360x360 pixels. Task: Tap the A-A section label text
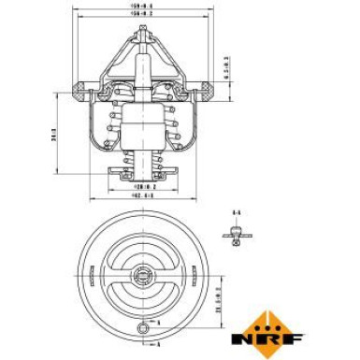236,214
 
